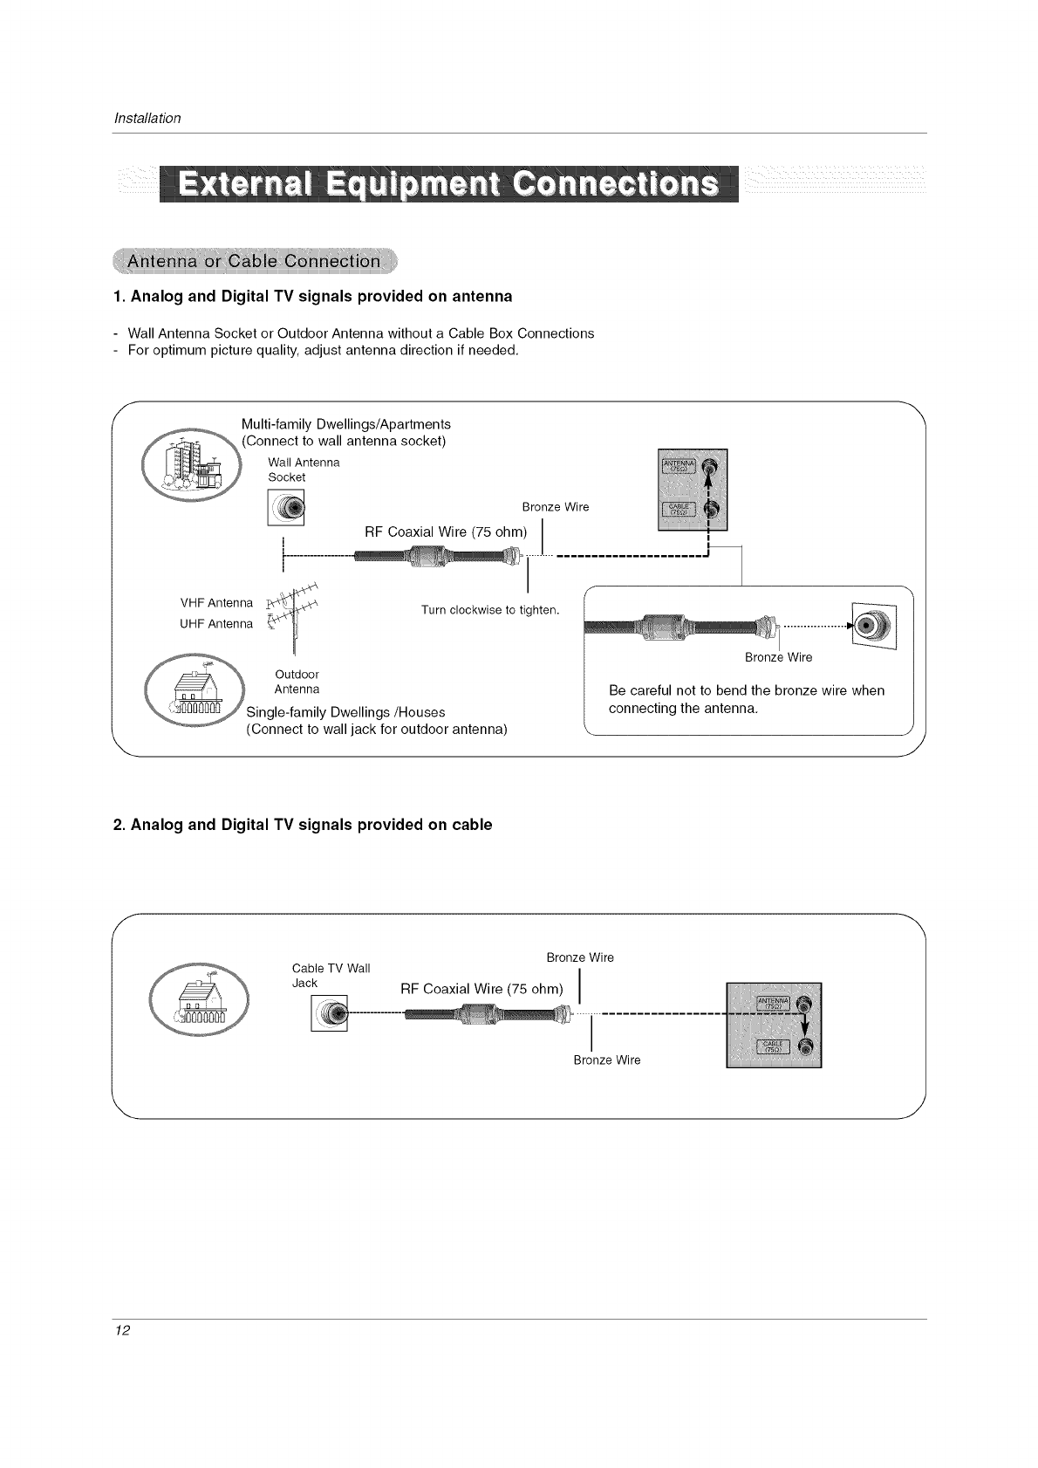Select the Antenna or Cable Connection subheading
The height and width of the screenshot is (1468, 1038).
coord(254,261)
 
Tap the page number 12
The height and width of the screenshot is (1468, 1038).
coord(122,1331)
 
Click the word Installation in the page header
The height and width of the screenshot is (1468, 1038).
coord(147,118)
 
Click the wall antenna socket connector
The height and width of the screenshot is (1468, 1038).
coord(286,507)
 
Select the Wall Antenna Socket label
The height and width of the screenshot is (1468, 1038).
coord(291,470)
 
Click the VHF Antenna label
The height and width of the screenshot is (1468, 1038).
coord(216,603)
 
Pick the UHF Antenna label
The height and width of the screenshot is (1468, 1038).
coord(216,623)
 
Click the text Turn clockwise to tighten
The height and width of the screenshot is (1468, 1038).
coord(489,609)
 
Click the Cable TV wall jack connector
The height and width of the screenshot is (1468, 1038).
coord(329,1012)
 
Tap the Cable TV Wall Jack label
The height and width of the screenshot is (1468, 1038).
coord(331,975)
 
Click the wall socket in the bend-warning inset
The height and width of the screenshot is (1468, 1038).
coord(873,625)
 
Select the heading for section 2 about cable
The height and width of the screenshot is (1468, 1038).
coord(303,825)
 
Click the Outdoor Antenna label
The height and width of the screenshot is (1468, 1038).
coord(297,682)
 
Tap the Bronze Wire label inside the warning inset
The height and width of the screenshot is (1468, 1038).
coord(778,657)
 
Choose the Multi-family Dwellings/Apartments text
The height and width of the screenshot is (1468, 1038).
coord(345,424)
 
